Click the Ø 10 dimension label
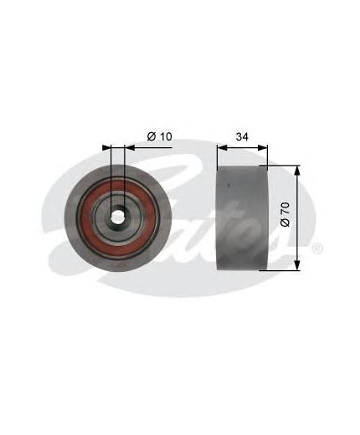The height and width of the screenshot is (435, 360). pos(159,136)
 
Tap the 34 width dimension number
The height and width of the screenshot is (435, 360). pos(242,136)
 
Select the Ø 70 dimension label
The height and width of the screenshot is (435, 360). pos(285,214)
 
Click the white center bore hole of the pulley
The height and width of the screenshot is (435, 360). pos(117,217)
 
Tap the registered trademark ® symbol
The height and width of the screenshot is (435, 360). pos(318,248)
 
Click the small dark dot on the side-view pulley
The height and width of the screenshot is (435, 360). pos(229,184)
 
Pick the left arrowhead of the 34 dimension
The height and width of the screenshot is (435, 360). pos(222,148)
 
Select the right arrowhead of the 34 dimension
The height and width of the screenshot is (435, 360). pos(263,148)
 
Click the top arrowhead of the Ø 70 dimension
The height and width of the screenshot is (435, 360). pos(297,171)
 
